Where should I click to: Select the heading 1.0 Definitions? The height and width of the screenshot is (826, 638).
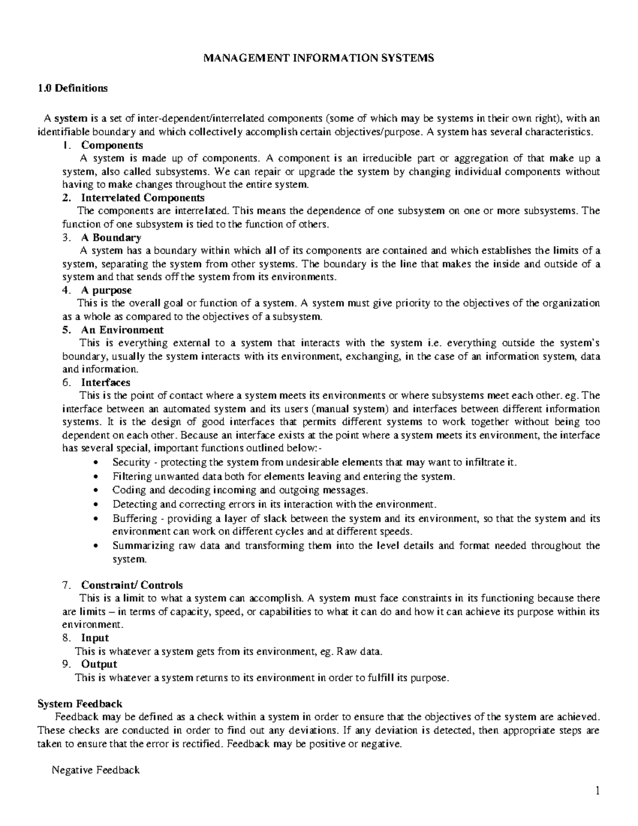[73, 88]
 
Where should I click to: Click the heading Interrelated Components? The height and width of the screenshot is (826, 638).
[142, 198]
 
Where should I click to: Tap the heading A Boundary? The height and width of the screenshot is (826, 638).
[111, 238]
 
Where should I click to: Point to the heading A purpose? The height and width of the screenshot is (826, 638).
[106, 290]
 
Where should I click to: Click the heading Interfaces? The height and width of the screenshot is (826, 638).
[105, 382]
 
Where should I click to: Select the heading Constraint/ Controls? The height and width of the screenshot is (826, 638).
[131, 585]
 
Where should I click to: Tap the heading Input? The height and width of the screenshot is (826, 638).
[95, 638]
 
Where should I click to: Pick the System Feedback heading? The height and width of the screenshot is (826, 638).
[80, 704]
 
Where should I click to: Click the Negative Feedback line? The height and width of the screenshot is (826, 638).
[95, 770]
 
